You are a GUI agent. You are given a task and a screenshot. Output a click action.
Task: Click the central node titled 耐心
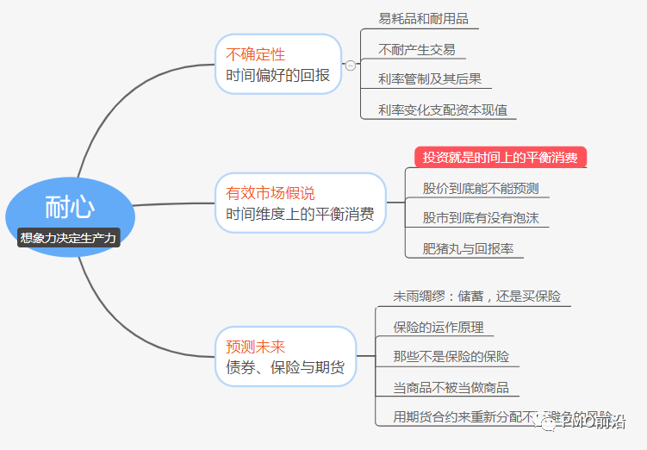click(70, 207)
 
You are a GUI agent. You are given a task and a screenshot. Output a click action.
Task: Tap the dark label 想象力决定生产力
click(68, 237)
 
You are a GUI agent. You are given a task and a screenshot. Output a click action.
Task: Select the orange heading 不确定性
click(255, 54)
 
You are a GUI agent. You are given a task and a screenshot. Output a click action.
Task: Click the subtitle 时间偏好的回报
click(277, 76)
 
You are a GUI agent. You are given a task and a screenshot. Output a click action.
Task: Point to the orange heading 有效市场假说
click(271, 193)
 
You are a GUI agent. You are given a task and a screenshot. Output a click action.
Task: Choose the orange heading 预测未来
click(255, 347)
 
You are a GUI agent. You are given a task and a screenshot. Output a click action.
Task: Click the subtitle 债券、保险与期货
click(284, 368)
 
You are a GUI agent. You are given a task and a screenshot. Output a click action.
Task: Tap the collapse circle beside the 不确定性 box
click(351, 66)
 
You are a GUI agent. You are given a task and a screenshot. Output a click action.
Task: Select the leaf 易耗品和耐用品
click(423, 18)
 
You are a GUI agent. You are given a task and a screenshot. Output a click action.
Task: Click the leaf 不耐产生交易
click(417, 49)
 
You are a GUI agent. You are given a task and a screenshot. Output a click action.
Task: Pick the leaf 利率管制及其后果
click(430, 79)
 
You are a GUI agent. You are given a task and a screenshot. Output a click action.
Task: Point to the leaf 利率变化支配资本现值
click(443, 109)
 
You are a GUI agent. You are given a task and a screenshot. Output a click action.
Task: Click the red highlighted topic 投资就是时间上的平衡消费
click(500, 157)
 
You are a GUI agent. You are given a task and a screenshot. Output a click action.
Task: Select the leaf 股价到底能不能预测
click(481, 188)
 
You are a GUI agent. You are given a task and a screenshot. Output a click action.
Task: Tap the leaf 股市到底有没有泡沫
click(481, 218)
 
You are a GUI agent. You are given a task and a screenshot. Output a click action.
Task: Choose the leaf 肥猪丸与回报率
click(469, 249)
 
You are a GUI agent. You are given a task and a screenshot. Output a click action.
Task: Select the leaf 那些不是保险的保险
click(451, 357)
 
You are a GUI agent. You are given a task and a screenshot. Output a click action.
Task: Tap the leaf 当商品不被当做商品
click(451, 388)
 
